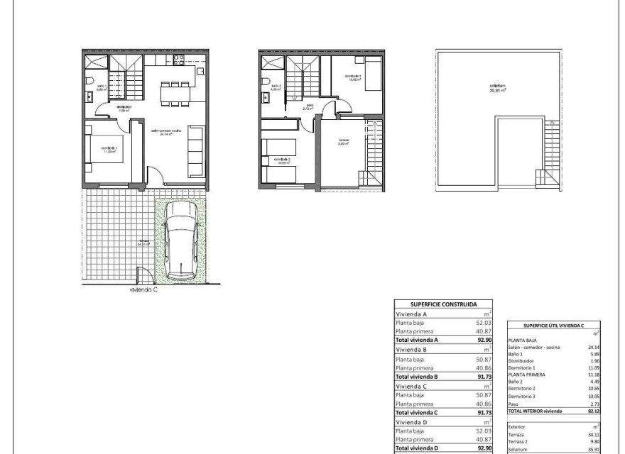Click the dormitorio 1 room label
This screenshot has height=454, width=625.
pyautogui.click(x=108, y=149)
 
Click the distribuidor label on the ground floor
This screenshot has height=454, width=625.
pyautogui.click(x=125, y=109)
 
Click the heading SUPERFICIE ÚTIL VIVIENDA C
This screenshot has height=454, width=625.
pyautogui.click(x=553, y=326)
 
